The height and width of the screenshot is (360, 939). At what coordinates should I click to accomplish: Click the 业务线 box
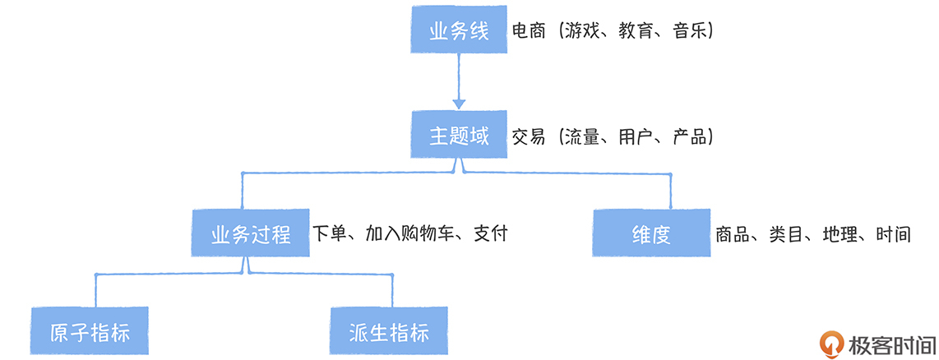pyautogui.click(x=459, y=32)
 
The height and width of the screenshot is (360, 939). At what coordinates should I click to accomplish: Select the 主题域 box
pyautogui.click(x=459, y=136)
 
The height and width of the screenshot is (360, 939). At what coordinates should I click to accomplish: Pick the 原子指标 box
pyautogui.click(x=90, y=332)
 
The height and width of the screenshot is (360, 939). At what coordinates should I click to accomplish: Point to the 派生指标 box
pyautogui.click(x=389, y=332)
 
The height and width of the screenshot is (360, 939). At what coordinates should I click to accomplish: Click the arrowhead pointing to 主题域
pyautogui.click(x=459, y=102)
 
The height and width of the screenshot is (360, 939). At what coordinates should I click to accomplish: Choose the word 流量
pyautogui.click(x=583, y=136)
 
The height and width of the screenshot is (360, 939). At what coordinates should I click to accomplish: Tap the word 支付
pyautogui.click(x=491, y=234)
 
